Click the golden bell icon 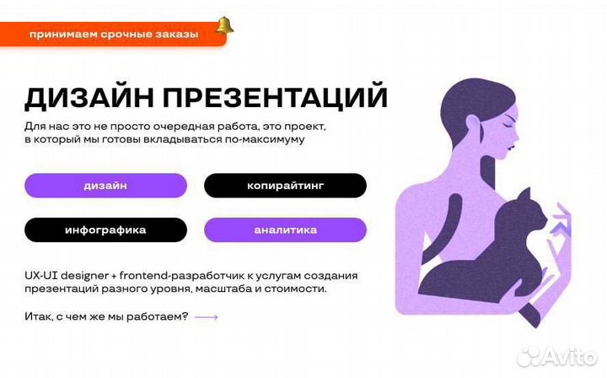click(224, 25)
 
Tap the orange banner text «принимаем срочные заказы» click(114, 35)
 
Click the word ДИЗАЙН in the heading click(89, 97)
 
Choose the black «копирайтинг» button click(285, 186)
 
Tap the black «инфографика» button click(105, 230)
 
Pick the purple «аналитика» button click(285, 230)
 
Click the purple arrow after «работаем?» click(206, 317)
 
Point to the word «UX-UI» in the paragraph click(40, 276)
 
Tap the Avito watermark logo click(556, 356)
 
